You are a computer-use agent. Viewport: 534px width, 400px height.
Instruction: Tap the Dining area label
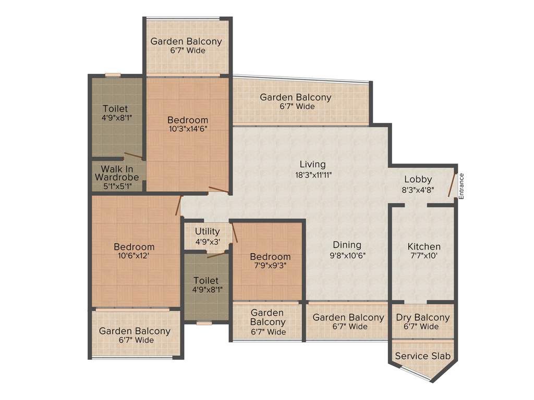pyautogui.click(x=347, y=245)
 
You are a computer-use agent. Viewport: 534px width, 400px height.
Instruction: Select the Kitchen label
pyautogui.click(x=424, y=246)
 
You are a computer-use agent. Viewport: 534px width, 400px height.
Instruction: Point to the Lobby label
pyautogui.click(x=418, y=180)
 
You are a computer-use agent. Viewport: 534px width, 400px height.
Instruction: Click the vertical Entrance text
pyautogui.click(x=461, y=186)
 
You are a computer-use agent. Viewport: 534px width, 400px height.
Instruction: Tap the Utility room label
pyautogui.click(x=207, y=231)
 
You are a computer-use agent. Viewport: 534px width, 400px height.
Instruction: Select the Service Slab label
pyautogui.click(x=422, y=356)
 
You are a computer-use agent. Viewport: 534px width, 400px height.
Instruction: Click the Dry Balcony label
pyautogui.click(x=422, y=318)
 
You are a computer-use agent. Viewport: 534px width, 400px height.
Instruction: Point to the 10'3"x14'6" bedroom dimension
pyautogui.click(x=188, y=130)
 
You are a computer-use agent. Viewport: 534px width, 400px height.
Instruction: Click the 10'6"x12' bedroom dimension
pyautogui.click(x=135, y=256)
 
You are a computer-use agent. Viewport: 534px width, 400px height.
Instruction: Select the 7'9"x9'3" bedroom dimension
pyautogui.click(x=270, y=266)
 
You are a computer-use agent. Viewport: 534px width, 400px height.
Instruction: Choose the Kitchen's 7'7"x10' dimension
pyautogui.click(x=424, y=256)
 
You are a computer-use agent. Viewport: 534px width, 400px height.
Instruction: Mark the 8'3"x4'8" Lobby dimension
pyautogui.click(x=418, y=190)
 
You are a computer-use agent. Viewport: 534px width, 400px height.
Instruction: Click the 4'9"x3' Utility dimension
pyautogui.click(x=207, y=241)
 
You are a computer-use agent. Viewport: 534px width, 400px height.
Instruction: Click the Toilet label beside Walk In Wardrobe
pyautogui.click(x=115, y=108)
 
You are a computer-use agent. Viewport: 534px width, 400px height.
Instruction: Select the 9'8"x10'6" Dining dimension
pyautogui.click(x=347, y=255)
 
